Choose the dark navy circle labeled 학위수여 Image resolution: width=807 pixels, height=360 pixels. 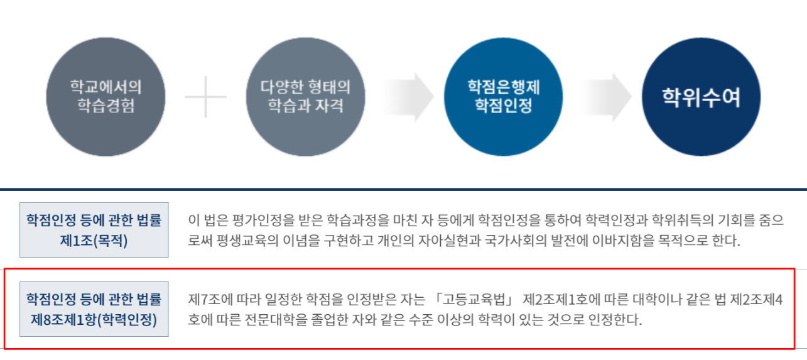(x=701, y=97)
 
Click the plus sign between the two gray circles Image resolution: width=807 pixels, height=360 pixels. (x=206, y=97)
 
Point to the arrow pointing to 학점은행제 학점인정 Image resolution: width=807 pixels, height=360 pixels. (x=408, y=97)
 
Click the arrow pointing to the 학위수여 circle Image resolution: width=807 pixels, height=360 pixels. (x=606, y=97)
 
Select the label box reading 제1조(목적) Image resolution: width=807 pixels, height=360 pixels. (x=94, y=230)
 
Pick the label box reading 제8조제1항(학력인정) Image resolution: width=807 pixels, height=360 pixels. (x=94, y=309)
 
